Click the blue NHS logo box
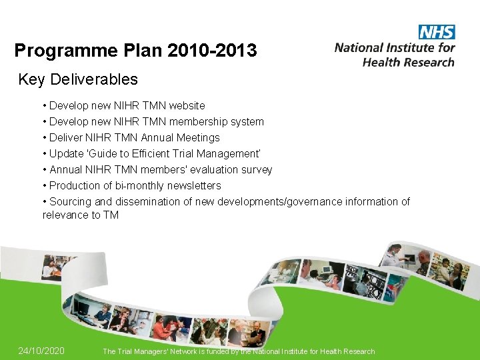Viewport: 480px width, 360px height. (x=437, y=32)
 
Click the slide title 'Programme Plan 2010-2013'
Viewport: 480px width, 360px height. (x=135, y=51)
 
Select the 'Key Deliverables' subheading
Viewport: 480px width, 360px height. (x=78, y=80)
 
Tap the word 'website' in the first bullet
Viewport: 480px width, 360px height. (x=187, y=105)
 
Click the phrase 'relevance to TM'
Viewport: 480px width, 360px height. (x=81, y=215)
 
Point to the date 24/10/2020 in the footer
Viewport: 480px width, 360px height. (x=41, y=351)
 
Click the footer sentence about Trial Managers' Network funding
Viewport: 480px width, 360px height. (x=239, y=351)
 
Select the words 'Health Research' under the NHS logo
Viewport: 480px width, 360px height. (x=408, y=61)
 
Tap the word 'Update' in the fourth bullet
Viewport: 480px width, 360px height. (x=67, y=153)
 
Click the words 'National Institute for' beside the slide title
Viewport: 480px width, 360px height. (x=395, y=47)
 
